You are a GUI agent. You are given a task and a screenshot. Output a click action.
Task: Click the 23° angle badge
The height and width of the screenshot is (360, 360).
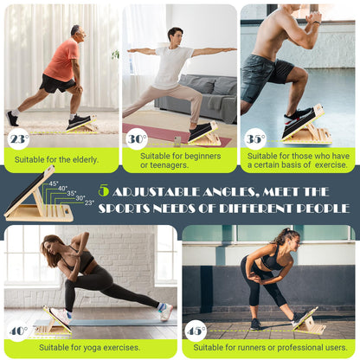click(x=18, y=138)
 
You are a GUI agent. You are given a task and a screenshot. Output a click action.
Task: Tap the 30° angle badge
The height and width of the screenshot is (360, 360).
click(x=137, y=138)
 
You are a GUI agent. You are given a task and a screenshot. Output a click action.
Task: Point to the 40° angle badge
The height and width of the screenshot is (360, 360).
click(x=18, y=331)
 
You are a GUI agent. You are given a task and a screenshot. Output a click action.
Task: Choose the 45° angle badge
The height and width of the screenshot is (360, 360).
click(x=196, y=331)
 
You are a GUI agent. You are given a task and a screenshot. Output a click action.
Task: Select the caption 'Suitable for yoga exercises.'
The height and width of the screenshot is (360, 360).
click(x=102, y=347)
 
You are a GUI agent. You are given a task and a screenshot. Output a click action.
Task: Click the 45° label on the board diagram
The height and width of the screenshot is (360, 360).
click(x=53, y=183)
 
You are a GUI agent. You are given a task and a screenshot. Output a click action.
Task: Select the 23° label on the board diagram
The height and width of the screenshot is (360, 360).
click(x=89, y=202)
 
